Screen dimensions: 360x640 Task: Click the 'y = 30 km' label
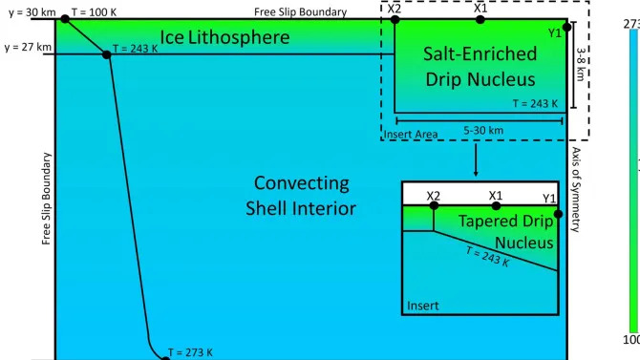click(x=28, y=11)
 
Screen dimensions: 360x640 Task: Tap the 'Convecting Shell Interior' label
click(x=302, y=194)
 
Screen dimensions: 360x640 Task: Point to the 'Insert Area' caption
click(x=411, y=135)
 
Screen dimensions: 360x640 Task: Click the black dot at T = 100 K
click(x=65, y=19)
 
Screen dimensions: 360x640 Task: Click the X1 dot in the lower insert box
click(x=495, y=205)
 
